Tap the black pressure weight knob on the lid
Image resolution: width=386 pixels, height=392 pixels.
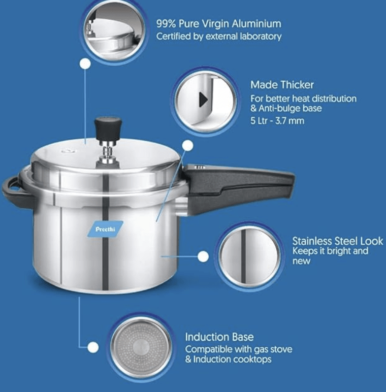108,124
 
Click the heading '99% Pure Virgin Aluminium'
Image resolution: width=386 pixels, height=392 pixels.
218,24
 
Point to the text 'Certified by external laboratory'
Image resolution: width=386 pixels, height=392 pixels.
218,37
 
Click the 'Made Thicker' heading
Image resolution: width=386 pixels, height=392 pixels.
282,85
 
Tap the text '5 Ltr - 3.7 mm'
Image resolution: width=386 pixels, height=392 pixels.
277,121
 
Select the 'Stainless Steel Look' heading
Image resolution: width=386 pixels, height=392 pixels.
337,241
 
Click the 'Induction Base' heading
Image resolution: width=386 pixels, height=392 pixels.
219,337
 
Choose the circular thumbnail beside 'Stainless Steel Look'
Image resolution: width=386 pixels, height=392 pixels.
249,256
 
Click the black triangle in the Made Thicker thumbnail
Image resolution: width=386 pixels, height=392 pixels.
203,100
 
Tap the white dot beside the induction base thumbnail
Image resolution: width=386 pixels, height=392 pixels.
93,348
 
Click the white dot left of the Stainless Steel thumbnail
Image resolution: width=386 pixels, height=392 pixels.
203,256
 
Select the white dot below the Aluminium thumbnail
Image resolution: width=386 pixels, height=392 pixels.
85,64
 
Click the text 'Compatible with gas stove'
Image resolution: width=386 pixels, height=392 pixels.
238,349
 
